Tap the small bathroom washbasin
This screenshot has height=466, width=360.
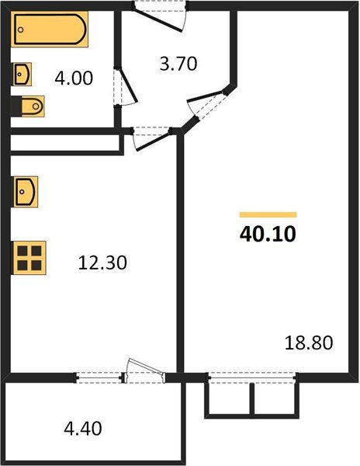pyautogui.click(x=22, y=75)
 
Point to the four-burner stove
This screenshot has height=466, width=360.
pyautogui.click(x=29, y=256)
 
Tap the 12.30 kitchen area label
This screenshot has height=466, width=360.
pyautogui.click(x=102, y=263)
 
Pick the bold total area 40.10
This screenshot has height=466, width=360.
pyautogui.click(x=268, y=233)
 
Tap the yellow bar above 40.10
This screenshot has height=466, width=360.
pyautogui.click(x=268, y=214)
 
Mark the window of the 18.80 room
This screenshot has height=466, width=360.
pyautogui.click(x=252, y=377)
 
